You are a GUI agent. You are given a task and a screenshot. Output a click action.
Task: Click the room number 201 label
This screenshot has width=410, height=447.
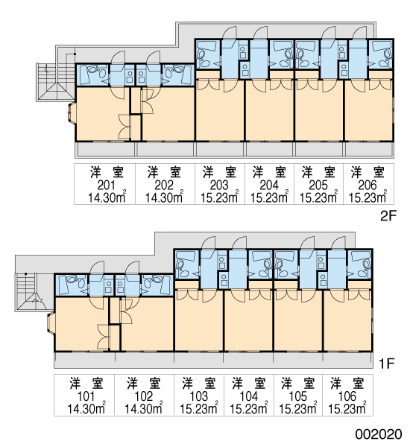[x=106, y=186]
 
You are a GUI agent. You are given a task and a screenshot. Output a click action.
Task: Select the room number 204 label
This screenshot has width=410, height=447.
[x=269, y=186]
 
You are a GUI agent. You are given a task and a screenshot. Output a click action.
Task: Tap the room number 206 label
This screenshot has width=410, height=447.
[x=368, y=186]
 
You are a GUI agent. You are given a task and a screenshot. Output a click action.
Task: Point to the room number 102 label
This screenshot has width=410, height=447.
[x=144, y=396]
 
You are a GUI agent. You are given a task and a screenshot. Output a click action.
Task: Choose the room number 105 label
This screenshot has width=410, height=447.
[x=298, y=396]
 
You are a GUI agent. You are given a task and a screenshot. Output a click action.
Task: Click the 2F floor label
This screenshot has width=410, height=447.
[x=388, y=216]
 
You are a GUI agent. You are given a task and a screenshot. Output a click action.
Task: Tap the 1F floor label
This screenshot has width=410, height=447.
[x=386, y=364]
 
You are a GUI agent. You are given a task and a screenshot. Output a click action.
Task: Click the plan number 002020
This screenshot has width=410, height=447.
[x=379, y=434]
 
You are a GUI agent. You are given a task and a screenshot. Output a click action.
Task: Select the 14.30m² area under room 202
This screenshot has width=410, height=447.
[x=164, y=197]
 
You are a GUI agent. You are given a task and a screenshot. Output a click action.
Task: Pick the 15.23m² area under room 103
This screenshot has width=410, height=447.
[x=199, y=408]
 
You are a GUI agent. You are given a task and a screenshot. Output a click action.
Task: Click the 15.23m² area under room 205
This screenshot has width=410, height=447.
[x=318, y=197]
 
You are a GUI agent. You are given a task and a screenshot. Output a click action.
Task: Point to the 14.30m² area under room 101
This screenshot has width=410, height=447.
[x=86, y=408]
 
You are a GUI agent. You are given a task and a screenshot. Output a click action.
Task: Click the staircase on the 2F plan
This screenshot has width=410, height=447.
[x=56, y=82]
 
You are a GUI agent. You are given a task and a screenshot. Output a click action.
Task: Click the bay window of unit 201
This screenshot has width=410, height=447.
[x=72, y=113]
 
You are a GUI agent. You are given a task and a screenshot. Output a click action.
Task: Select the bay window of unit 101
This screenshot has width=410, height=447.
[x=51, y=323]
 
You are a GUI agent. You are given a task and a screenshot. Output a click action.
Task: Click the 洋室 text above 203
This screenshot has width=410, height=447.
[x=219, y=173]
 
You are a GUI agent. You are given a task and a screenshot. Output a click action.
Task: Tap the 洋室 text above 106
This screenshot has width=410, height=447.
[x=347, y=384]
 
